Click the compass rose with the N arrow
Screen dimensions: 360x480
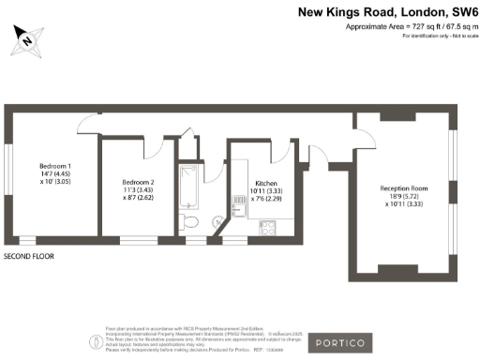(x=27, y=39)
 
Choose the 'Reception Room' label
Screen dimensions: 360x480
(x=403, y=189)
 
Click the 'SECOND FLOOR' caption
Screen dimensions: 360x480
(x=30, y=255)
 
